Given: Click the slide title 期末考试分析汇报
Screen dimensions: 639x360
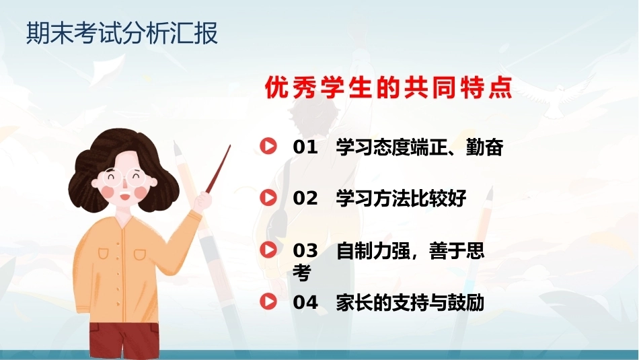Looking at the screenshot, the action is (x=122, y=32).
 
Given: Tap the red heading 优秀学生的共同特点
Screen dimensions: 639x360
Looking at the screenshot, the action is (x=388, y=87).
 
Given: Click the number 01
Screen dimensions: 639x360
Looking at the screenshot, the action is (x=305, y=147).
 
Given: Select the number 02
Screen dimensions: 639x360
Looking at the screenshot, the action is (x=305, y=199).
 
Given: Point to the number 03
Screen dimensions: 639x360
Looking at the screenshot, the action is (x=305, y=251).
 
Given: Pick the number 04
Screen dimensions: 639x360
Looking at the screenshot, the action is (x=305, y=303).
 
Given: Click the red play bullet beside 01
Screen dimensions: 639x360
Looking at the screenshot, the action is (x=268, y=145).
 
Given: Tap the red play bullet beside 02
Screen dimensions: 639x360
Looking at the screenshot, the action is (x=268, y=197).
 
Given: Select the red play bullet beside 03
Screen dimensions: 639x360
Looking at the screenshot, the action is (x=268, y=249).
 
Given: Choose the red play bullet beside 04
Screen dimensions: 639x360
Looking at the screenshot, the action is (x=268, y=301).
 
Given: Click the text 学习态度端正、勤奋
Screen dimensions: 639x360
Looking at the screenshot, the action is (x=420, y=147).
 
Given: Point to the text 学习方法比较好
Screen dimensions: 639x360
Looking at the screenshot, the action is (x=402, y=199).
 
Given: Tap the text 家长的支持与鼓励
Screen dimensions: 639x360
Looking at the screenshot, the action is (x=410, y=303).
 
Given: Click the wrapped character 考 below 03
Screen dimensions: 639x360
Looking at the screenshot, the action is (x=302, y=273).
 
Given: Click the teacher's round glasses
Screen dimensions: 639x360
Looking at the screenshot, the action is (x=125, y=178).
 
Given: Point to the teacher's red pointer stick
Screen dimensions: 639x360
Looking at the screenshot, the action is (x=218, y=169).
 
